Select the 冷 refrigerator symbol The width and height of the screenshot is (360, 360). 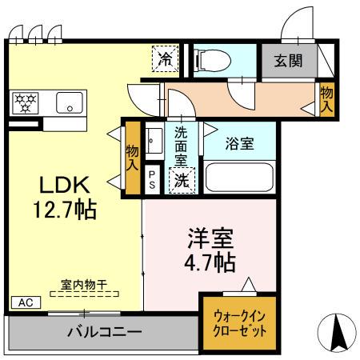click(x=164, y=58)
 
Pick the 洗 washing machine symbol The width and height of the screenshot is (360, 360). click(x=182, y=181)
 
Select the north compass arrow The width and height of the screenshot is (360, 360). click(x=336, y=332)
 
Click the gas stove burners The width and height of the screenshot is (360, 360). click(x=26, y=102)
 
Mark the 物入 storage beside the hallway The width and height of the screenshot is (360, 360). click(x=326, y=99)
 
